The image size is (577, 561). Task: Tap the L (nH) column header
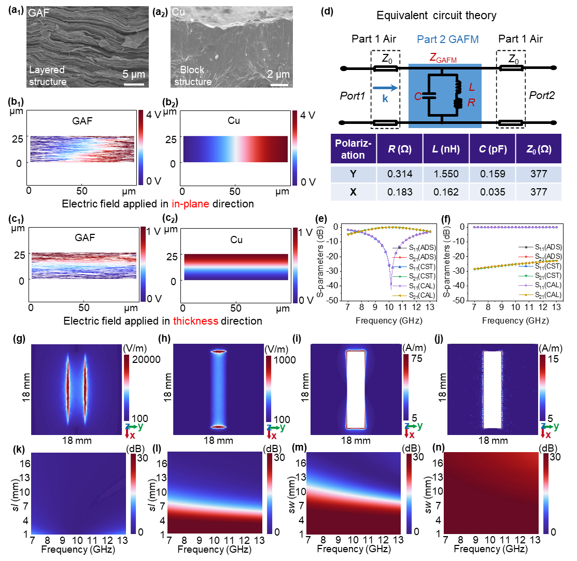pos(444,148)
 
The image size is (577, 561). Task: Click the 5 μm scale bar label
pos(134,74)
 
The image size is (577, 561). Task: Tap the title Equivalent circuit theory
pos(444,16)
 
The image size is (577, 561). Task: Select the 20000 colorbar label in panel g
pos(147,359)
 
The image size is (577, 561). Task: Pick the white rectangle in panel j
pos(493,389)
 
